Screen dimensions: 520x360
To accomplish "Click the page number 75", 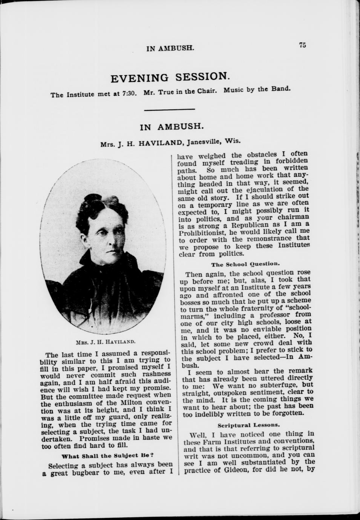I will pos(302,45).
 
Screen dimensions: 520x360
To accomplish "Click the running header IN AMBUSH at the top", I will pos(170,48).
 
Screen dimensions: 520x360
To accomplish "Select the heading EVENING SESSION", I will pos(170,78).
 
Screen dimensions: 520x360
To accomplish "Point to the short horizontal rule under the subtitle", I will pos(170,110).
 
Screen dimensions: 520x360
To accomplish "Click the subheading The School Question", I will pos(245,264).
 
